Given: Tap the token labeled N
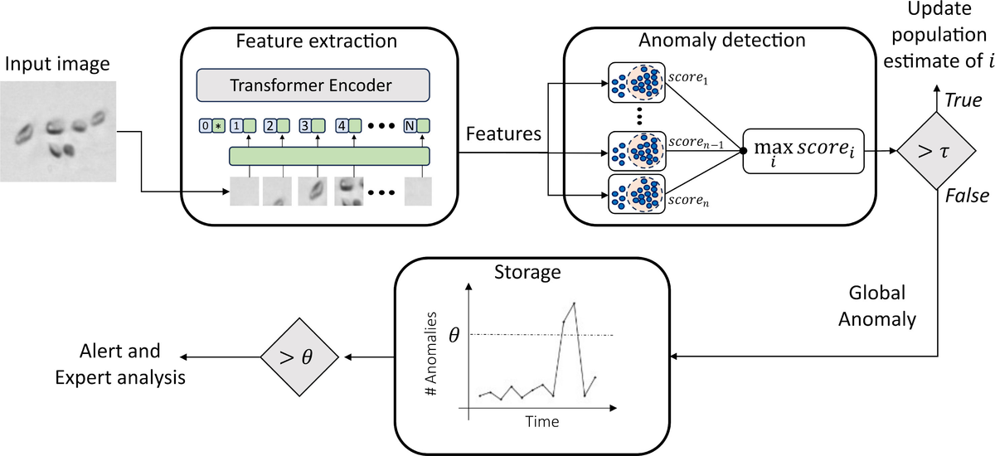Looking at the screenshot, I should [415, 127].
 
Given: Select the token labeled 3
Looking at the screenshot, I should [311, 127].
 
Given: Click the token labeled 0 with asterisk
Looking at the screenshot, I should [211, 127].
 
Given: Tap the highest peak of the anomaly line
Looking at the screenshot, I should [575, 303].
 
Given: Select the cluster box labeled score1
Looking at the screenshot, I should [636, 83].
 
